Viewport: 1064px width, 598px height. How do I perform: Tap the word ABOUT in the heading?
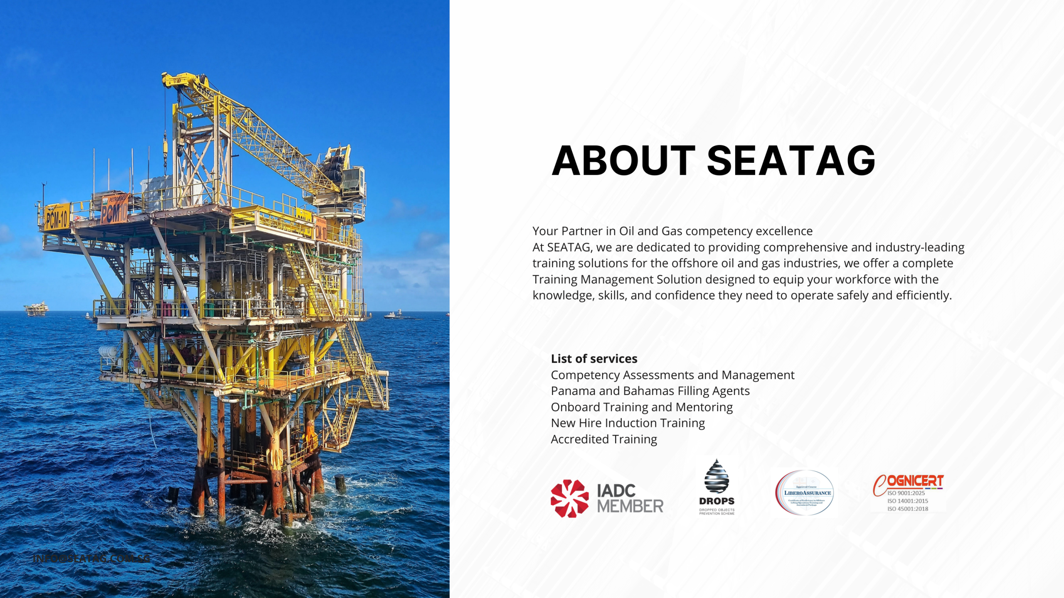[623, 161]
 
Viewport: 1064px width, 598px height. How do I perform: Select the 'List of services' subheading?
[594, 358]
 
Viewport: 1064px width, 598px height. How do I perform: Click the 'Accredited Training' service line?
[603, 439]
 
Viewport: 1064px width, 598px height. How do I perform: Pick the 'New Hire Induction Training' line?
[628, 423]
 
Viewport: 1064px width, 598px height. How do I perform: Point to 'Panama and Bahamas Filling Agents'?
[650, 391]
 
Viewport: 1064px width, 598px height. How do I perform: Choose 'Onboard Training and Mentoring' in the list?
[641, 407]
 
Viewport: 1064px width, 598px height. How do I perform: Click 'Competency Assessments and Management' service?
[672, 375]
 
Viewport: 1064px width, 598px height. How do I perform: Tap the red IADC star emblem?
[569, 498]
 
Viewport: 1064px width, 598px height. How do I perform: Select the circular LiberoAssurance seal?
[805, 493]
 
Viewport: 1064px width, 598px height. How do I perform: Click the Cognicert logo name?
[914, 481]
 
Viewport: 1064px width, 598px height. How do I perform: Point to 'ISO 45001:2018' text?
[907, 509]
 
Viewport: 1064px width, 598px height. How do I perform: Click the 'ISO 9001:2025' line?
[906, 493]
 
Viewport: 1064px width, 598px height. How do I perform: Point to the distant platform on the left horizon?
[36, 308]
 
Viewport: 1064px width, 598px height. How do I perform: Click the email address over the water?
[91, 558]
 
